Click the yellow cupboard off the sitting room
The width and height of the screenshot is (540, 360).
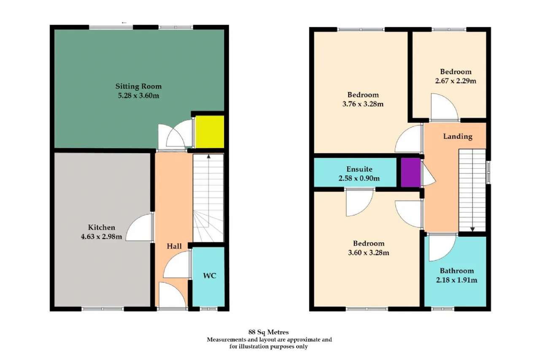(210, 132)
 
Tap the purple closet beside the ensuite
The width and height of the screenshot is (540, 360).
(411, 173)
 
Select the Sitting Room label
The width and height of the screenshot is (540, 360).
(138, 87)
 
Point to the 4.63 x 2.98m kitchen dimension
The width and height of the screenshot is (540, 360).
(102, 236)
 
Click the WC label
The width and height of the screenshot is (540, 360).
(210, 276)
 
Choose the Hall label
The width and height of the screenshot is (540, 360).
(174, 246)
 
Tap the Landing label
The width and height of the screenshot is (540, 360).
(458, 136)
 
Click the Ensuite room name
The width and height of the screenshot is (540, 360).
(359, 169)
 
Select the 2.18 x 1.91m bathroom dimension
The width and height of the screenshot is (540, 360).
(456, 280)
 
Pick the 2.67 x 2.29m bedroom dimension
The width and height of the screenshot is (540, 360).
(456, 81)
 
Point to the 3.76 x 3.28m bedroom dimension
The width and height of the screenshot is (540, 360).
(363, 104)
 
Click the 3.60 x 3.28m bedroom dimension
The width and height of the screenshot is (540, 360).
(369, 252)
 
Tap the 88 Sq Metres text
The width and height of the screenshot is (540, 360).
(269, 332)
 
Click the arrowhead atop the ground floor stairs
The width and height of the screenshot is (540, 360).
(208, 157)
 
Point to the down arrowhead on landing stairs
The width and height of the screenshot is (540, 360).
(472, 229)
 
